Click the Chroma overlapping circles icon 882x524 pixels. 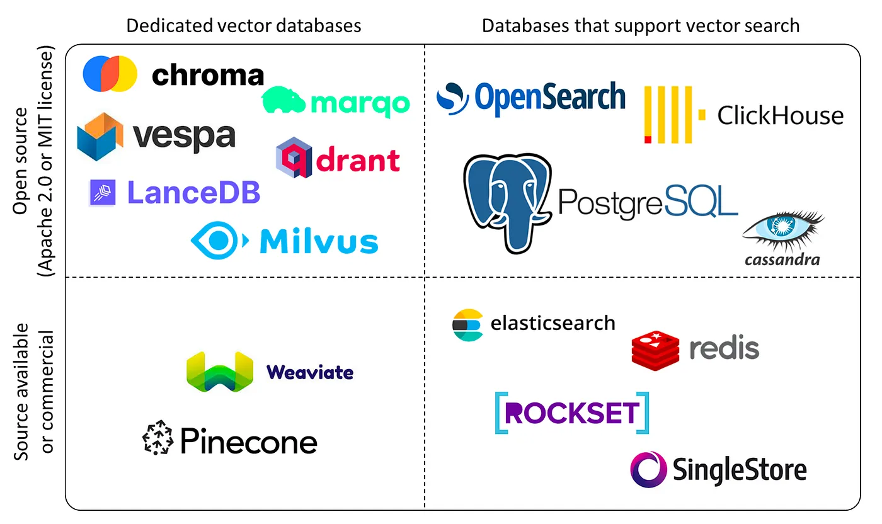tap(110, 74)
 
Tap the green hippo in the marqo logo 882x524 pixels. tap(284, 101)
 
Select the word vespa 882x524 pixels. tap(184, 135)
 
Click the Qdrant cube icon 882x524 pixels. tap(294, 157)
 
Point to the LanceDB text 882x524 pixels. tap(193, 193)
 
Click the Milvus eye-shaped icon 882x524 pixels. tap(215, 240)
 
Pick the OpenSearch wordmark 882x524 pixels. tap(549, 98)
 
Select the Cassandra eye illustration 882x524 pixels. tap(784, 231)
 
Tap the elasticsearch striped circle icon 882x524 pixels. tap(467, 325)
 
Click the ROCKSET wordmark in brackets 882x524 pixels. tap(571, 413)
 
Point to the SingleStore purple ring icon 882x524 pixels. tap(648, 469)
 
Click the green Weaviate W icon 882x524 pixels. tap(219, 372)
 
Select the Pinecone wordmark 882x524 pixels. tap(248, 441)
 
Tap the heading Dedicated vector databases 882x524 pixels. tap(244, 25)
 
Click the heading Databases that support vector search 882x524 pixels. tap(640, 25)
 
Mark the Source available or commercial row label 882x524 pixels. tap(34, 391)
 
